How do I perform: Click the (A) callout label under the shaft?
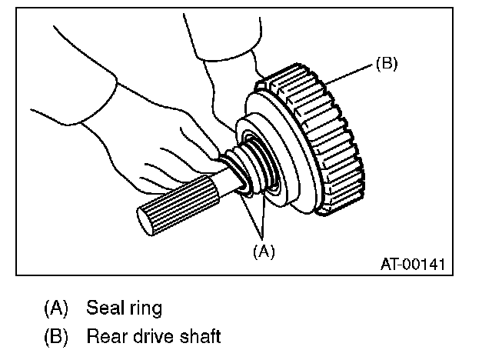pos(262,250)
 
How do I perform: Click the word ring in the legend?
pos(144,309)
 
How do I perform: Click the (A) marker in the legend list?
pos(55,309)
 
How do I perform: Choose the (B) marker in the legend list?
pos(55,336)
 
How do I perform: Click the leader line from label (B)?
pos(350,74)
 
